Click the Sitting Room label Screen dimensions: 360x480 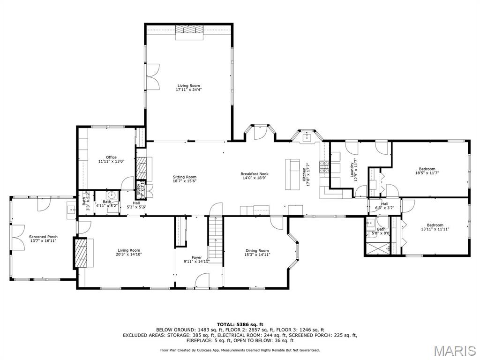coord(184,177)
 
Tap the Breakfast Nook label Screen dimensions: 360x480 coord(255,174)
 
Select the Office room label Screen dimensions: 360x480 coord(111,157)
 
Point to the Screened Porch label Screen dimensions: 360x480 coord(43,237)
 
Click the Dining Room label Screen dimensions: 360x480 coord(257,250)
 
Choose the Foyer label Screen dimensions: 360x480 coord(196,257)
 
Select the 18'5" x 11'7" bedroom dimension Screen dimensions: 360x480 coord(427,173)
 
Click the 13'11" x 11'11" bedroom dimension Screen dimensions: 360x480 coord(435,229)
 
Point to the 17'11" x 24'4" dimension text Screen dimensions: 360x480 coord(188,90)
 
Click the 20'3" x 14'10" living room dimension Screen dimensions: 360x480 coord(128,255)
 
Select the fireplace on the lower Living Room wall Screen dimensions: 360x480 coord(81,253)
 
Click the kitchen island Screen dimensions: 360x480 coord(292,175)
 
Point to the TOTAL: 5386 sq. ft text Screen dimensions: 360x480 coord(240,324)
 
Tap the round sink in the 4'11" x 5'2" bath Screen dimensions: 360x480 coord(111,195)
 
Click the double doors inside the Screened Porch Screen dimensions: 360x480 coord(18,237)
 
